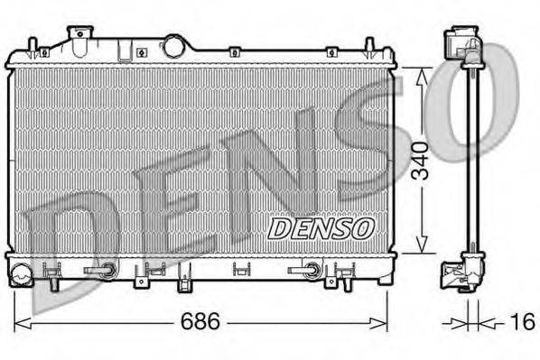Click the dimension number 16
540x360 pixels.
[x=523, y=321]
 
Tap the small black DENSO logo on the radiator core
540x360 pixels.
[x=321, y=228]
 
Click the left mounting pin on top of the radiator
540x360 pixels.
[x=33, y=46]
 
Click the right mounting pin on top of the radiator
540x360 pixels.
[x=368, y=46]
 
